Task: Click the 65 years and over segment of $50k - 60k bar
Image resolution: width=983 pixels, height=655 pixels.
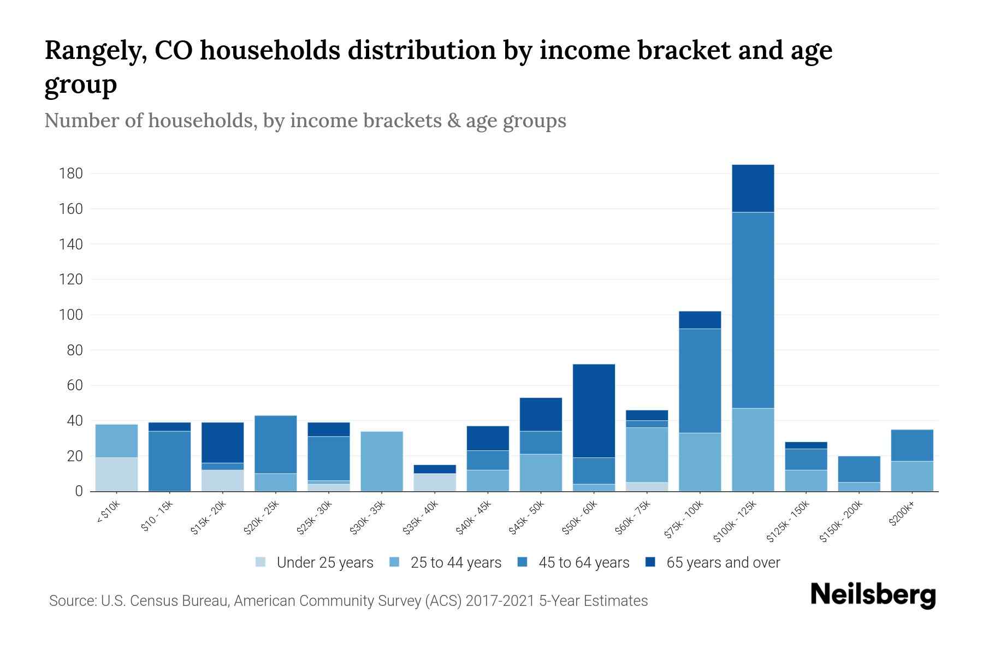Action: [594, 410]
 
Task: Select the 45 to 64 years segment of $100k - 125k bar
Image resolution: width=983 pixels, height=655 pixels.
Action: [753, 310]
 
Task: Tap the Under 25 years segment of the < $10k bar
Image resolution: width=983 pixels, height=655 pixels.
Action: [116, 474]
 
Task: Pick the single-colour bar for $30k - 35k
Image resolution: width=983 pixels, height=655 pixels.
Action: [382, 461]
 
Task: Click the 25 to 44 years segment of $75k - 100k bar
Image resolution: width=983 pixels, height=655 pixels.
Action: [700, 462]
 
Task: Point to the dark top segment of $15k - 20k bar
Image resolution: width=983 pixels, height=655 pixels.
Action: [222, 443]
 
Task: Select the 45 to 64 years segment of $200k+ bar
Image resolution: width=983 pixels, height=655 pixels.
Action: [911, 445]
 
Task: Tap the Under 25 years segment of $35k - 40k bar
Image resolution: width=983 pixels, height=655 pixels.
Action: [435, 483]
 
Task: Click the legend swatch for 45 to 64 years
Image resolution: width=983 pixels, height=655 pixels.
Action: [522, 562]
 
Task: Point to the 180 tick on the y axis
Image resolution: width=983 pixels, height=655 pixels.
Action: [71, 174]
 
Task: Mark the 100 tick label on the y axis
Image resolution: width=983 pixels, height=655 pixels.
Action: [71, 315]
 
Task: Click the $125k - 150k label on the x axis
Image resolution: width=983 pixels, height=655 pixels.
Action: [789, 522]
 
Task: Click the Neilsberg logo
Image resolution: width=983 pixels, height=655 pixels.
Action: [873, 595]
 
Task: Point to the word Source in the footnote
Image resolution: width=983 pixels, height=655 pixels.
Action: [72, 601]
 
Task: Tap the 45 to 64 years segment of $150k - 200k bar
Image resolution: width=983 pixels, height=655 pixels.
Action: [858, 469]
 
